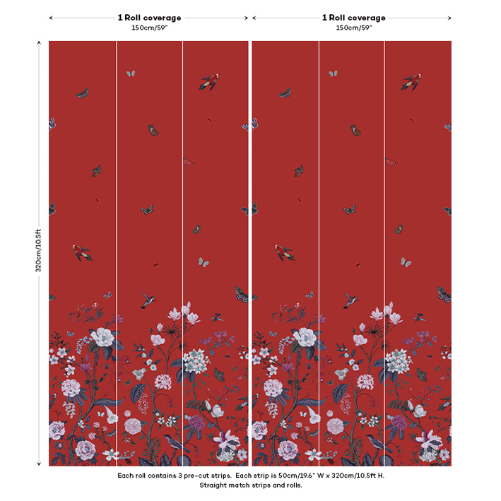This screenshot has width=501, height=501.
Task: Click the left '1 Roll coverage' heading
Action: (149, 18)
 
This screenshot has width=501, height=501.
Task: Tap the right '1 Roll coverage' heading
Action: (353, 18)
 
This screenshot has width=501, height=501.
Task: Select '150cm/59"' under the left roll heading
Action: (149, 28)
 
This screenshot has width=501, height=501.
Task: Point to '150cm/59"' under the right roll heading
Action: (353, 28)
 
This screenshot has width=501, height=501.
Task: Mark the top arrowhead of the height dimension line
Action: (39, 43)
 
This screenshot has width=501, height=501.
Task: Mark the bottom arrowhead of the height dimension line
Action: (39, 464)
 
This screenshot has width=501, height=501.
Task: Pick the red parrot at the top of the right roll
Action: (411, 81)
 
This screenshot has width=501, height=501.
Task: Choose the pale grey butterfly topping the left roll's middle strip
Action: (130, 73)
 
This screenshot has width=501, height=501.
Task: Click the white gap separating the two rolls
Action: (250, 247)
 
